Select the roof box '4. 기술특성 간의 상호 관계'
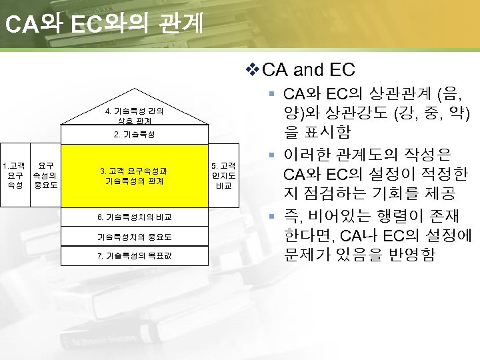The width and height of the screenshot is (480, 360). [x=135, y=114]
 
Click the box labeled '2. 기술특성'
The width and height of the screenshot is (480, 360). [x=135, y=134]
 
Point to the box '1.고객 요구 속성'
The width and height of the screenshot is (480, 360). [x=14, y=175]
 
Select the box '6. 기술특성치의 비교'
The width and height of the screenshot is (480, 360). [x=135, y=217]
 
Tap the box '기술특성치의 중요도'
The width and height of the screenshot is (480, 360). [x=135, y=237]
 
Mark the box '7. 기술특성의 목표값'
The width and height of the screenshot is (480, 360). [x=135, y=256]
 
